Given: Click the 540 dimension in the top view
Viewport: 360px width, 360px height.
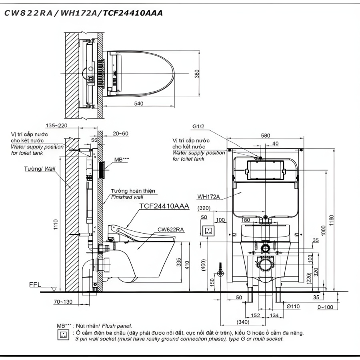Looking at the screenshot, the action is [139, 104].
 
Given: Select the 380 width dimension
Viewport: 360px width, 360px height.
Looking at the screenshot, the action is [197, 74].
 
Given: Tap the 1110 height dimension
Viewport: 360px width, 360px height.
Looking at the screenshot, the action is [56, 224].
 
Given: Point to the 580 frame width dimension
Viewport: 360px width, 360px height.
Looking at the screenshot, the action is [266, 136].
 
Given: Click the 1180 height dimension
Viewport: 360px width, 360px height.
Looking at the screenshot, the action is [331, 220].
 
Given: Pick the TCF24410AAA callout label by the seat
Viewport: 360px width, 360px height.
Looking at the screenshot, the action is [164, 206].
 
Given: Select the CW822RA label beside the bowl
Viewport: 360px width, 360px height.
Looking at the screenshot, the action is [170, 229].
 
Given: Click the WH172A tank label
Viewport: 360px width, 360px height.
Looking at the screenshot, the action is [208, 196].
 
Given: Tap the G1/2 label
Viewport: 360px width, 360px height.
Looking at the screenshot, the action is [198, 126].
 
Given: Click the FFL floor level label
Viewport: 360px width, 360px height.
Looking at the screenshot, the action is [35, 285].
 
